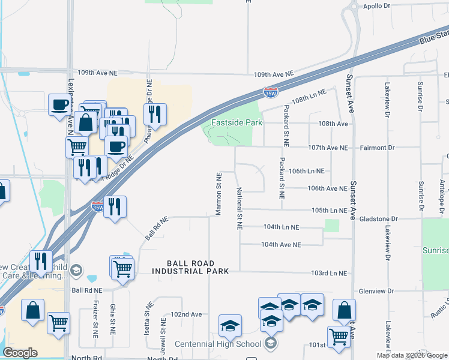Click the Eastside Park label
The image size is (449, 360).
coord(237,123)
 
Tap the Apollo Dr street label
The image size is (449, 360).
coord(377,6)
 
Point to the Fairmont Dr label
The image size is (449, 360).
coord(378,148)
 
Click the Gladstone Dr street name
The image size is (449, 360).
coord(378,220)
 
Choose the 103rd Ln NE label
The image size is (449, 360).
coord(329,273)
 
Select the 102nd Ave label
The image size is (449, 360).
coord(186,314)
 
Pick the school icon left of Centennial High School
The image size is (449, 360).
coord(230,326)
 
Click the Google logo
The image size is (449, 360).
coord(20,353)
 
